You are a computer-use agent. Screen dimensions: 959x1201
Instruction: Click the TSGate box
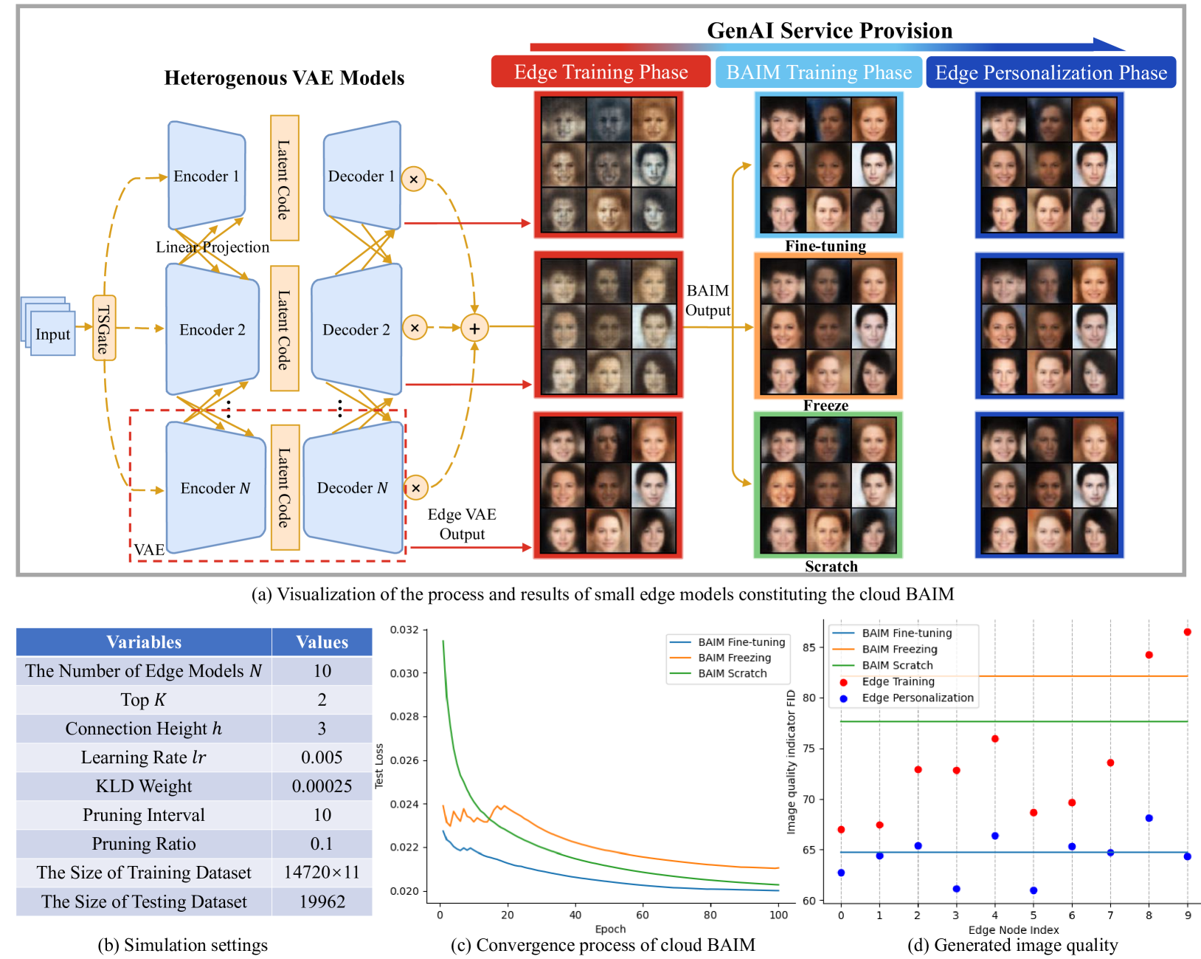point(104,328)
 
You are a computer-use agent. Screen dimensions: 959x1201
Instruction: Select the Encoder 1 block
point(206,176)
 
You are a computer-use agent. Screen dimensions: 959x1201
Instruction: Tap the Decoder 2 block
point(356,329)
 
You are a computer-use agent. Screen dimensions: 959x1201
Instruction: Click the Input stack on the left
point(52,333)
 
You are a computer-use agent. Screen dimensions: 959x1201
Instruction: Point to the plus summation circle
point(474,328)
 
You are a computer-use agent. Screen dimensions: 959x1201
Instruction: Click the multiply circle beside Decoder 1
point(414,179)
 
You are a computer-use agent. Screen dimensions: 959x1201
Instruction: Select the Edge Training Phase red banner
point(600,72)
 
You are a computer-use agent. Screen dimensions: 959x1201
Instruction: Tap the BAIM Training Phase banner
point(819,72)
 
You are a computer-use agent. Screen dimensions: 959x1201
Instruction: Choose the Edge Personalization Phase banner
point(1051,72)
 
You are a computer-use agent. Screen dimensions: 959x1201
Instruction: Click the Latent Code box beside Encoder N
point(285,487)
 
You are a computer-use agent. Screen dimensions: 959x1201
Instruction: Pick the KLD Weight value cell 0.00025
point(322,786)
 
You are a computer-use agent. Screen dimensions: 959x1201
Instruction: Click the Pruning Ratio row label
point(144,844)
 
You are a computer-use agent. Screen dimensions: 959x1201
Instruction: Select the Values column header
point(322,642)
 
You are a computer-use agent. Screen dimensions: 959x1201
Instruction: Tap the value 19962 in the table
point(322,901)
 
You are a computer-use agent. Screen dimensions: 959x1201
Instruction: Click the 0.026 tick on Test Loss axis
point(404,760)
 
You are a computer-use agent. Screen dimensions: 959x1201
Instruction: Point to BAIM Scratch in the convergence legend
point(732,673)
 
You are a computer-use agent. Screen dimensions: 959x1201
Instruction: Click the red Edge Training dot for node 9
point(1187,632)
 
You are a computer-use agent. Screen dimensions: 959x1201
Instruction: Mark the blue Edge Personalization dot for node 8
point(1149,818)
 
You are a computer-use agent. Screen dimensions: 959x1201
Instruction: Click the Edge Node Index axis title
point(1013,929)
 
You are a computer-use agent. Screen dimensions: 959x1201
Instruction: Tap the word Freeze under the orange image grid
point(826,405)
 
